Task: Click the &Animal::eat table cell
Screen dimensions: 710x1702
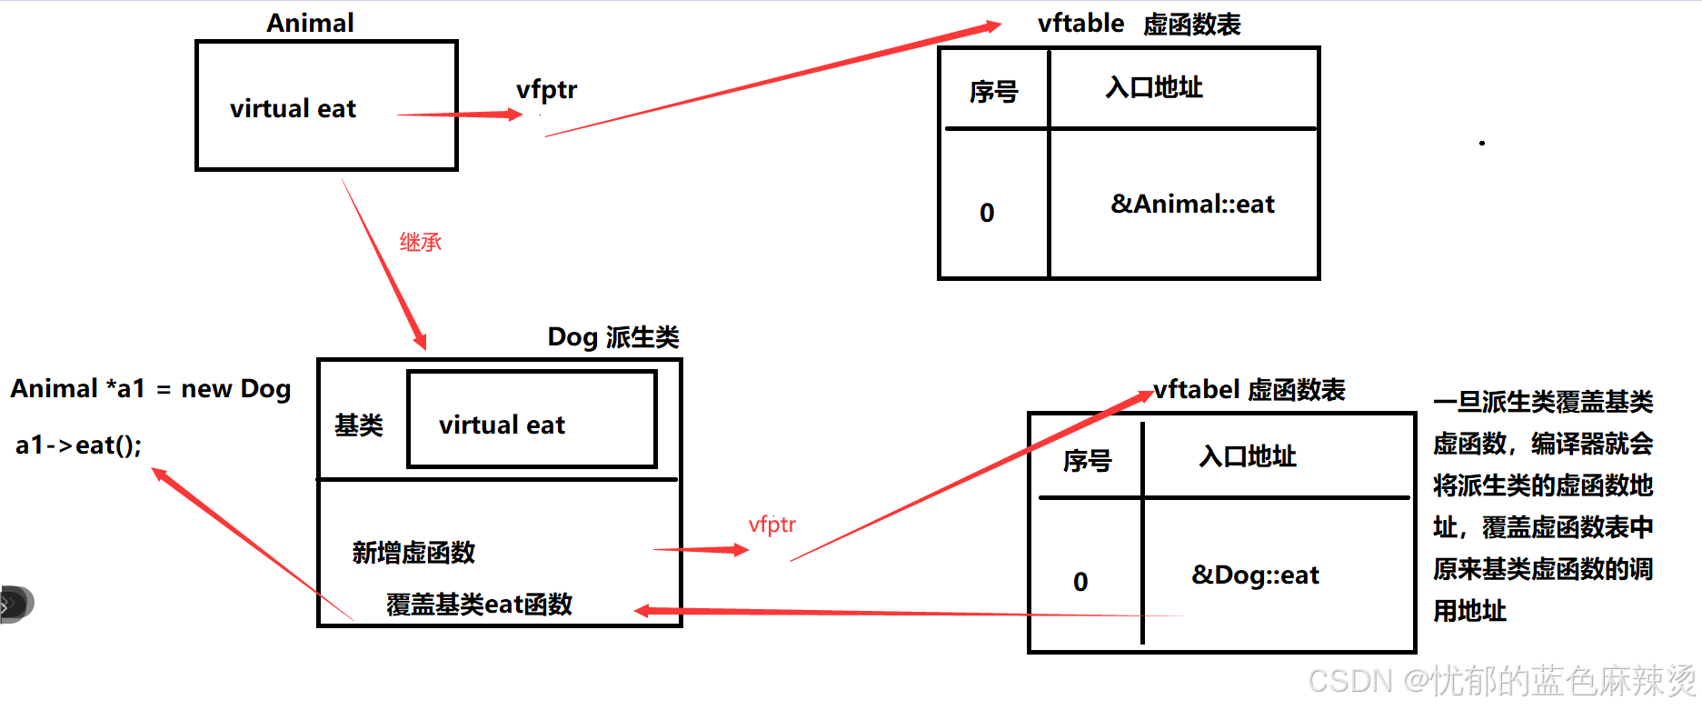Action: [x=1192, y=204]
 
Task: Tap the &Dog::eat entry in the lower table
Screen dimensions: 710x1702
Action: [x=1255, y=575]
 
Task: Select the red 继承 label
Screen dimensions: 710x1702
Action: [x=420, y=242]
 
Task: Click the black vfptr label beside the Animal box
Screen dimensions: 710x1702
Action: [x=546, y=90]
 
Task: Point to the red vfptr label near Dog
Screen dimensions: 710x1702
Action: [x=771, y=525]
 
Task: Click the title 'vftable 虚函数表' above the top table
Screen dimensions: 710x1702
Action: [x=1139, y=24]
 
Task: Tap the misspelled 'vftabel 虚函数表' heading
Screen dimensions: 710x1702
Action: [x=1249, y=390]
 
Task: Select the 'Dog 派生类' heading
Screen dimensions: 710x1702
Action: [x=612, y=337]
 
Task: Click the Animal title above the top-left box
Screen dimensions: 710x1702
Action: [x=310, y=23]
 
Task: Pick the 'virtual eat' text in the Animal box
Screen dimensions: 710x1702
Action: [x=293, y=109]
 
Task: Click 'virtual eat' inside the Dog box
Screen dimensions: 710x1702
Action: [x=502, y=425]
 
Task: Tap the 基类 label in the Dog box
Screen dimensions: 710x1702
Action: [x=359, y=425]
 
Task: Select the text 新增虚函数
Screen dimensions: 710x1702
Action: [x=413, y=552]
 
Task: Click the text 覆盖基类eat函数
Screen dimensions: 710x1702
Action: [x=479, y=604]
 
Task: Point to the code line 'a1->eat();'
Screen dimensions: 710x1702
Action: [x=79, y=445]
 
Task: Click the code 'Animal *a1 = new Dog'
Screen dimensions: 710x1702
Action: [x=151, y=389]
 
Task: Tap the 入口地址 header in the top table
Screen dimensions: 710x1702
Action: [x=1154, y=87]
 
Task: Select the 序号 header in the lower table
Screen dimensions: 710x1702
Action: [x=1087, y=460]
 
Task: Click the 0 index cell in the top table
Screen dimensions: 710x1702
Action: [x=987, y=213]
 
